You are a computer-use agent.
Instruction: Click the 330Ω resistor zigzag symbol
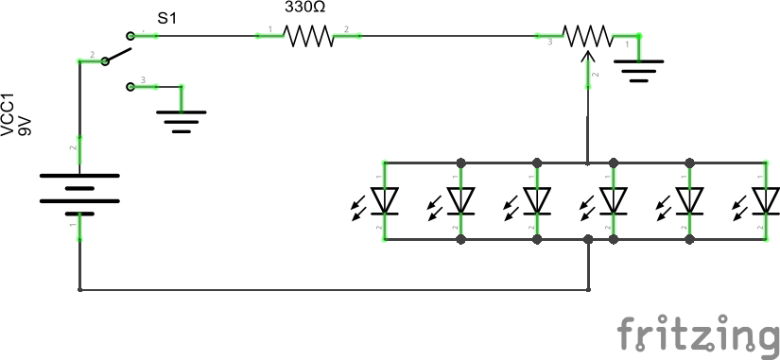pos(308,36)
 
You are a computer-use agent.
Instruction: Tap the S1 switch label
pos(167,17)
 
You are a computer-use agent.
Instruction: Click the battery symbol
pos(79,190)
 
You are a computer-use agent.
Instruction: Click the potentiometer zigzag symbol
pos(588,36)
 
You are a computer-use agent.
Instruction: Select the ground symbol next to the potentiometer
pos(639,69)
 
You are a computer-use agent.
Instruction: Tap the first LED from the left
pos(383,200)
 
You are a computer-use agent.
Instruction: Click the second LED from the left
pos(460,200)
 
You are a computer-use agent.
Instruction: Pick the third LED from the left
pos(537,200)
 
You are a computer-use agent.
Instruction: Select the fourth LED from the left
pos(615,200)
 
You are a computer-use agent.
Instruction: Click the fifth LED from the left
pos(691,200)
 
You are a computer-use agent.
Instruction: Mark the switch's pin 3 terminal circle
pos(130,87)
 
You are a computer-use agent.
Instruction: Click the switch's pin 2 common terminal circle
pos(104,61)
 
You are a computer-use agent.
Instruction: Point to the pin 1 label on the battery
pos(72,225)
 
